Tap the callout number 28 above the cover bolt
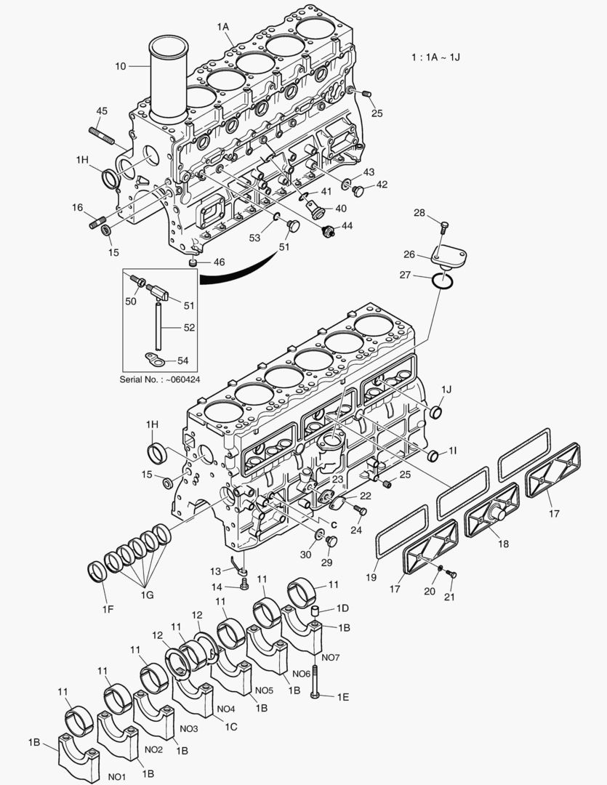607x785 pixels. (419, 212)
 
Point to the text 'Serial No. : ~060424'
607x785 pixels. (160, 379)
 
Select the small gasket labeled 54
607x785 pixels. (153, 358)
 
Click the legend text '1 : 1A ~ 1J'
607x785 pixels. (435, 57)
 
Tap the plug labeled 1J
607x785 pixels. (435, 412)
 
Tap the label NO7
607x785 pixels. (330, 657)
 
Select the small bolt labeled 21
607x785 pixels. (449, 575)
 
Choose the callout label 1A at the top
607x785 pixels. (223, 27)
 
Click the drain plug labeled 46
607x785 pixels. (194, 260)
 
